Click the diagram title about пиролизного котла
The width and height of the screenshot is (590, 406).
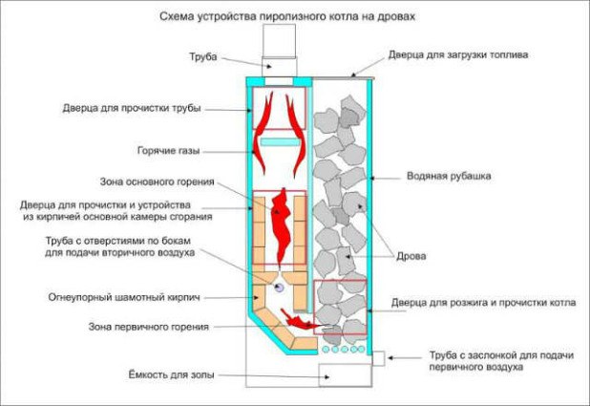[287, 16]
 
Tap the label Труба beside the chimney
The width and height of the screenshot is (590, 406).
[203, 56]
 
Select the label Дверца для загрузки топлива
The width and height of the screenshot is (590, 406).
[458, 55]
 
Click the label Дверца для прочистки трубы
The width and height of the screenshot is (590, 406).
[132, 109]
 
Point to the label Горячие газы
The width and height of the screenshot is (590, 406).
[168, 151]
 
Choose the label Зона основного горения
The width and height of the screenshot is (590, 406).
[157, 182]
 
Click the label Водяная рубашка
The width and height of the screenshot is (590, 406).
[449, 176]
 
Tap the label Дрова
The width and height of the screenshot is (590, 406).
[411, 256]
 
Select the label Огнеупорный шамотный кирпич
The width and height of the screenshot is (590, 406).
[124, 297]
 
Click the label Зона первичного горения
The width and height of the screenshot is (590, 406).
[149, 327]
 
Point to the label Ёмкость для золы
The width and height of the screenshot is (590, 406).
[171, 375]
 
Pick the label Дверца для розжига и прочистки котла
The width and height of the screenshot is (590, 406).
[483, 303]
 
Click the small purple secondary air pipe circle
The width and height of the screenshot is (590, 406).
[279, 288]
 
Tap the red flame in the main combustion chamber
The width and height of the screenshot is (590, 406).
[281, 225]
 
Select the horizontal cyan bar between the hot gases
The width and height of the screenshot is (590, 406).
[280, 141]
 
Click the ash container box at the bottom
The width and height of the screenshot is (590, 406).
[345, 375]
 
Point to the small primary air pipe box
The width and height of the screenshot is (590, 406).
[378, 358]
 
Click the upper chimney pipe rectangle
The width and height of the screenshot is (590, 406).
[279, 41]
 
